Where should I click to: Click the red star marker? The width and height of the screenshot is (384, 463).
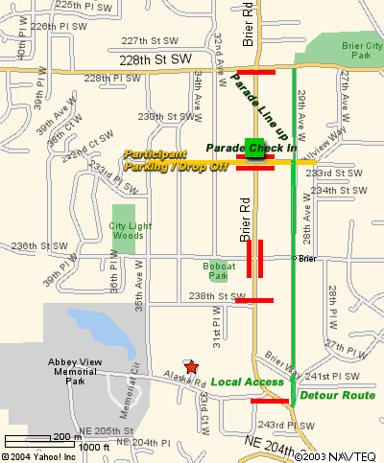pos(191,367)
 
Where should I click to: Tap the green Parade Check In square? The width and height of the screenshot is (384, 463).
pos(254,149)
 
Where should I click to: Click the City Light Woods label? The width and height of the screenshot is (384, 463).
pos(126,230)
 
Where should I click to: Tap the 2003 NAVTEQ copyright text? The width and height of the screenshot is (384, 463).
pos(337,456)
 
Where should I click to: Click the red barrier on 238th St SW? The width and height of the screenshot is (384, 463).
pos(254,300)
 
